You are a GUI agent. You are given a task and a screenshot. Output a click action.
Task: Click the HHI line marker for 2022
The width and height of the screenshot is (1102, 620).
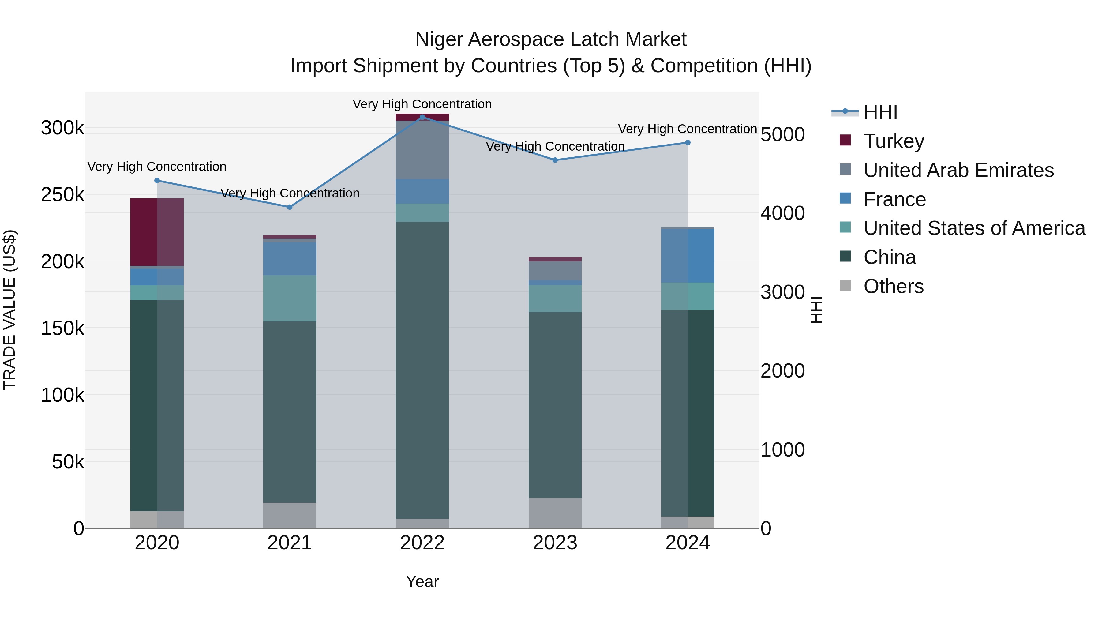click(422, 117)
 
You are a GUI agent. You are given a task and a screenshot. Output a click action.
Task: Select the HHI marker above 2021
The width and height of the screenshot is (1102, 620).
click(290, 207)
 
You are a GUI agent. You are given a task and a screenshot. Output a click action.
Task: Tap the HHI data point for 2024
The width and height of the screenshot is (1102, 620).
click(688, 142)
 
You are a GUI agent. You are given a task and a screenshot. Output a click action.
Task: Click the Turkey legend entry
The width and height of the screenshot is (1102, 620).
click(894, 141)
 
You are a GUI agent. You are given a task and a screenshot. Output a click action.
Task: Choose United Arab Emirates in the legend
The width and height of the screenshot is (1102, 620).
click(958, 170)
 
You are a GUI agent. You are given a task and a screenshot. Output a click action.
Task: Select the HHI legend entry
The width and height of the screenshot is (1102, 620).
click(880, 112)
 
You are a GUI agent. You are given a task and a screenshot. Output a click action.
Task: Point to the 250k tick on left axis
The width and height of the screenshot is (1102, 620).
click(62, 195)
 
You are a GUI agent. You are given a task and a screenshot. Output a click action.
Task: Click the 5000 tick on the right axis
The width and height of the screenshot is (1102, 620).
click(782, 134)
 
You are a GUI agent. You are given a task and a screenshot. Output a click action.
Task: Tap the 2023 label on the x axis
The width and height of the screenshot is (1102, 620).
click(555, 543)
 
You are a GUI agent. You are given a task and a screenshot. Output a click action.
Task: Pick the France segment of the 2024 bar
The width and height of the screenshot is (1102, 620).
click(688, 255)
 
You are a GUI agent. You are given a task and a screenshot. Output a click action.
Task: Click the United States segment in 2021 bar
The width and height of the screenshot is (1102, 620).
click(290, 298)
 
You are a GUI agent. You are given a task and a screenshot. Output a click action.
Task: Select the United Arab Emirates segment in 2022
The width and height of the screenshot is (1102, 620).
click(422, 150)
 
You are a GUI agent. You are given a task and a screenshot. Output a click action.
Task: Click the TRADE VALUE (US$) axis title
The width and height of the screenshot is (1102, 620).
click(9, 310)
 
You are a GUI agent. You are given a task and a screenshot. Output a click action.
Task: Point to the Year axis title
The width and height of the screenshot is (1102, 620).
click(422, 581)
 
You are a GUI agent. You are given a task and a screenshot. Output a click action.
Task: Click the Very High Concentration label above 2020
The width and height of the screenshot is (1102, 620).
click(156, 167)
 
